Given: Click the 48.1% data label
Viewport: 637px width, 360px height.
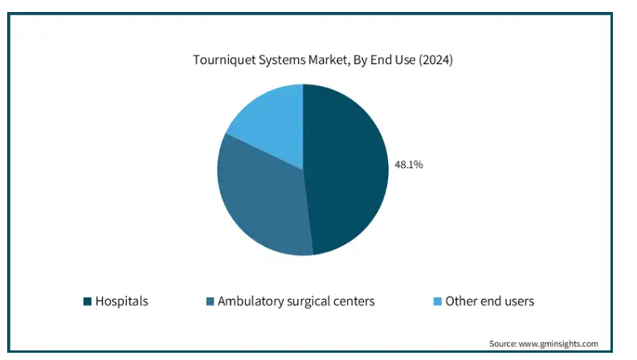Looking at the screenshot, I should [408, 165].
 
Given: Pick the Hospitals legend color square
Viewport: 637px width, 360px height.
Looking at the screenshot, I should [87, 301].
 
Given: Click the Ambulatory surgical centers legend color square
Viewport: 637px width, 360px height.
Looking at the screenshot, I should [210, 301].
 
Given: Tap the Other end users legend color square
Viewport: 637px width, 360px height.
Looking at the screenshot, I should [437, 301].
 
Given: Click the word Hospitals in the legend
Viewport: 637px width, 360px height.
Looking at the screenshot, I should [121, 301].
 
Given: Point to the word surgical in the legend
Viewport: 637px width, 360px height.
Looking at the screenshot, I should [309, 301].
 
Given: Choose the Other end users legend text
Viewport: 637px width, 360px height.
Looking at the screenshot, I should [490, 301].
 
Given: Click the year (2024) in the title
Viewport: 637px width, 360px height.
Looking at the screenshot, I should [434, 60].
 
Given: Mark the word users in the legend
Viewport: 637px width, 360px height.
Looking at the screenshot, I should [518, 301].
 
